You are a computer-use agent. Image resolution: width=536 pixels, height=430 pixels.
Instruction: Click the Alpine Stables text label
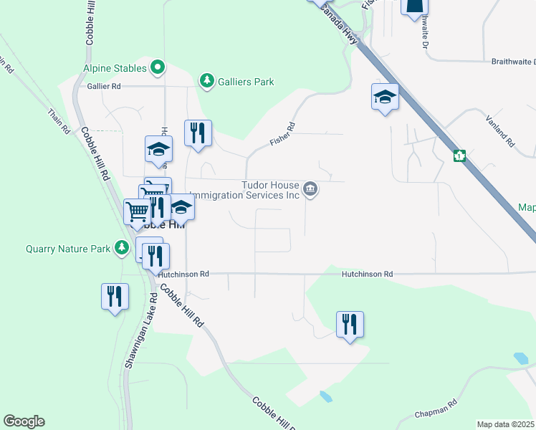pos(113,69)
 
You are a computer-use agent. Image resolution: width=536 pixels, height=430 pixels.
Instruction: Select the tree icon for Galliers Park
pos(207,81)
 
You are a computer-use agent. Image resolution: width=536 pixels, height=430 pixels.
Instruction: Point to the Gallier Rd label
pos(105,86)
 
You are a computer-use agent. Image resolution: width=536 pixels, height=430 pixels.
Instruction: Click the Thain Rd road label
pos(59,121)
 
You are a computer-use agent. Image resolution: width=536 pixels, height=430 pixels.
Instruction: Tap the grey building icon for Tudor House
pos(310,189)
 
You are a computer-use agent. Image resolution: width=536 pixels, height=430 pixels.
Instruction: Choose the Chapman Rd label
pos(437,410)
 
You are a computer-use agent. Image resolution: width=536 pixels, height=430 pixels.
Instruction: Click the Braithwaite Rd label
pos(513,62)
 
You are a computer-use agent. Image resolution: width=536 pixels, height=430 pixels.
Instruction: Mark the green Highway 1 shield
pos(459,155)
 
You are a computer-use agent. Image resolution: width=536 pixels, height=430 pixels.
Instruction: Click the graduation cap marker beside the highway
pos(385,97)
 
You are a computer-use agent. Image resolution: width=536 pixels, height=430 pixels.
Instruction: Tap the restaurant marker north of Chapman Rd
pos(350,324)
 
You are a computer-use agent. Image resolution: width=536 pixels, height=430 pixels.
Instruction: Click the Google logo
pos(24,421)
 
